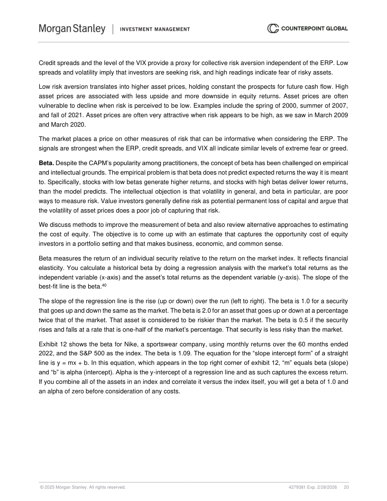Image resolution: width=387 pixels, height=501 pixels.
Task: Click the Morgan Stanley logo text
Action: [72, 29]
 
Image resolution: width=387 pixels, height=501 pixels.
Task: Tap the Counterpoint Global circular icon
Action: [273, 28]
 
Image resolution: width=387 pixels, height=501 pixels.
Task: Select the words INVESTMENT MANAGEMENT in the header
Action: [155, 29]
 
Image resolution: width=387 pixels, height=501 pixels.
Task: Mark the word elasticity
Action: [51, 267]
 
